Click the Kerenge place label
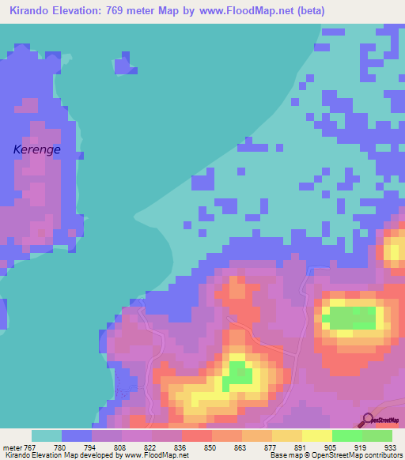(37, 149)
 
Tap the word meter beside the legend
(13, 447)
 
